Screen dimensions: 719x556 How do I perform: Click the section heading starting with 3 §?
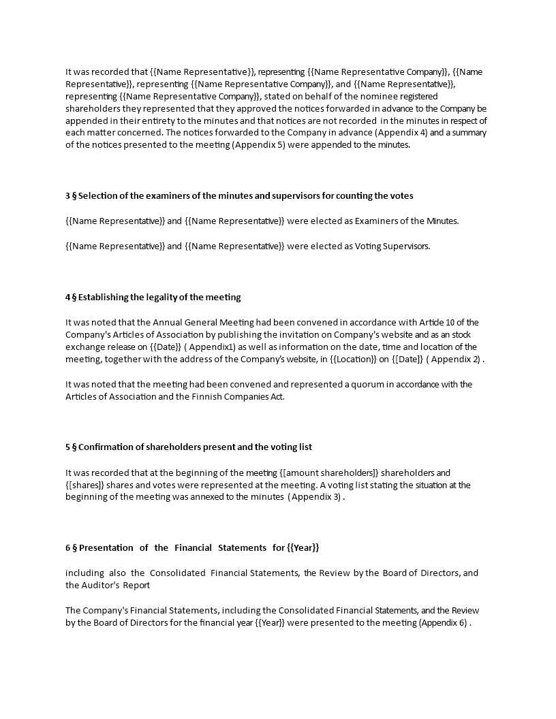(238, 196)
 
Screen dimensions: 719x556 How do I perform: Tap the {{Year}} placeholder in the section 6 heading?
(303, 548)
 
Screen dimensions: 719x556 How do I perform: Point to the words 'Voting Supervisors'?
(392, 246)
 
